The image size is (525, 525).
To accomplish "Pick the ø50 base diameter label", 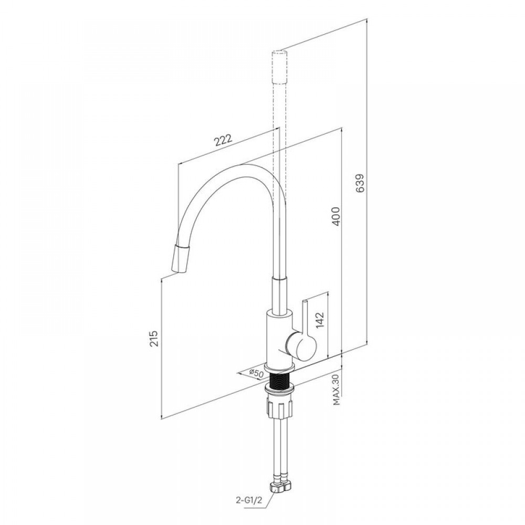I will pyautogui.click(x=256, y=373).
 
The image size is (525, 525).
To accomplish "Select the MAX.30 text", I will pyautogui.click(x=337, y=389).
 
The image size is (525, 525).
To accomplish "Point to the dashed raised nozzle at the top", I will pyautogui.click(x=279, y=67).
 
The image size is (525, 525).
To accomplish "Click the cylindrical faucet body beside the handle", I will pyautogui.click(x=276, y=338).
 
